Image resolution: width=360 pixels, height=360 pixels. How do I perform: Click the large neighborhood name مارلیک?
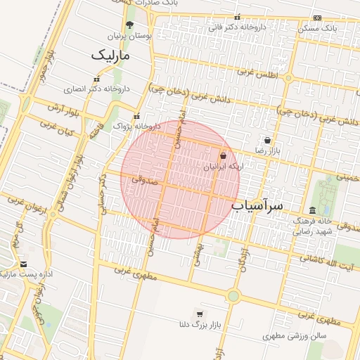tap(110, 54)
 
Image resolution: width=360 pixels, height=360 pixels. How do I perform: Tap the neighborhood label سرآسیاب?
tap(257, 205)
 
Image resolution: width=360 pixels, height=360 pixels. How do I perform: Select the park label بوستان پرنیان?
tap(129, 34)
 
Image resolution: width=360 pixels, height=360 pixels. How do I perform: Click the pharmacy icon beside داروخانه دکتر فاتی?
tap(237, 17)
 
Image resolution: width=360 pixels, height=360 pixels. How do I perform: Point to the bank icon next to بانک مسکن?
tap(317, 18)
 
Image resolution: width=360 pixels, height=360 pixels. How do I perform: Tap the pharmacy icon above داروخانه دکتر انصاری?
tap(96, 79)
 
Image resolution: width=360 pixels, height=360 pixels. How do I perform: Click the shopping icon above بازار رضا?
tap(267, 140)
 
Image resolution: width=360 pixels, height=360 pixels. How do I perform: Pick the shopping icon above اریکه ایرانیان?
tap(224, 156)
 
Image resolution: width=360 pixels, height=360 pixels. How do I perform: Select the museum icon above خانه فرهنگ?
tap(312, 210)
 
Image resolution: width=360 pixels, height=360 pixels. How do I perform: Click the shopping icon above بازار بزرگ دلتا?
tap(200, 314)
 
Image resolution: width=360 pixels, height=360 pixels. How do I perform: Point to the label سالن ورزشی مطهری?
tap(295, 337)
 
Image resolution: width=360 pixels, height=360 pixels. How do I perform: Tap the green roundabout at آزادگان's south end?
tap(233, 296)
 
